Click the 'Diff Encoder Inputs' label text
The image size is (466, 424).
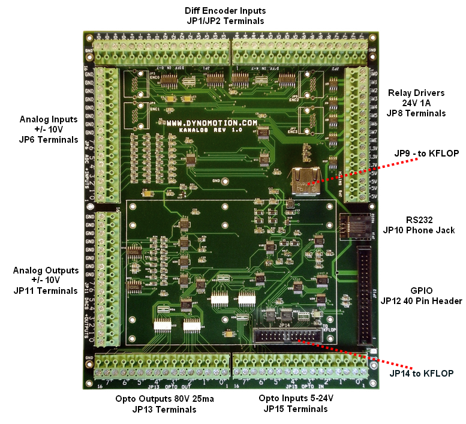point(226,11)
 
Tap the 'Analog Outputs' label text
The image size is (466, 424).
point(46,270)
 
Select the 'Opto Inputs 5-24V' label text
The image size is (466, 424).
point(296,399)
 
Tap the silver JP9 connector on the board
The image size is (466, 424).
point(304,180)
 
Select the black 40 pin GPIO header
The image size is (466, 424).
point(365,293)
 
